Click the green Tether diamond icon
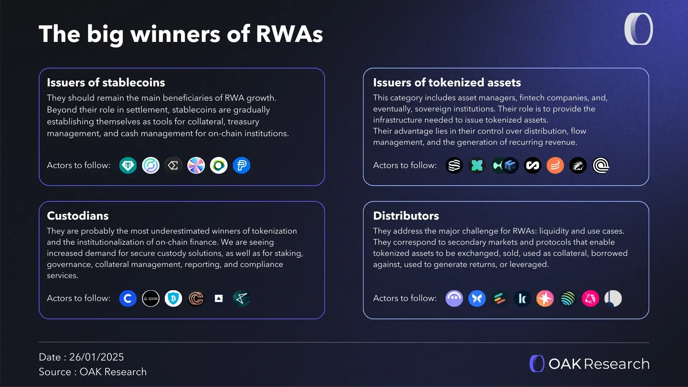128,166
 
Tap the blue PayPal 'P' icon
242,166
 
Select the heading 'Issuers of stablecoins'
106,82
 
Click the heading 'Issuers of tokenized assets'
447,82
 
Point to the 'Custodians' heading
78,216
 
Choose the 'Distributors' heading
406,216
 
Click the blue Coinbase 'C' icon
128,298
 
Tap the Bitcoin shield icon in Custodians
173,298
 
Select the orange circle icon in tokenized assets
555,166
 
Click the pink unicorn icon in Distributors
590,298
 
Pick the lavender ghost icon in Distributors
454,298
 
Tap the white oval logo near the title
639,29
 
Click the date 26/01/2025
96,357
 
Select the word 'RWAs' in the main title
289,34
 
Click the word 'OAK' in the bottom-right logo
565,364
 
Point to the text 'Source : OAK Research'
93,372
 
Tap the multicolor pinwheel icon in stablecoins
196,166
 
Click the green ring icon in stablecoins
219,166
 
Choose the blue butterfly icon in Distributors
477,298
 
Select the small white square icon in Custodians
219,298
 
